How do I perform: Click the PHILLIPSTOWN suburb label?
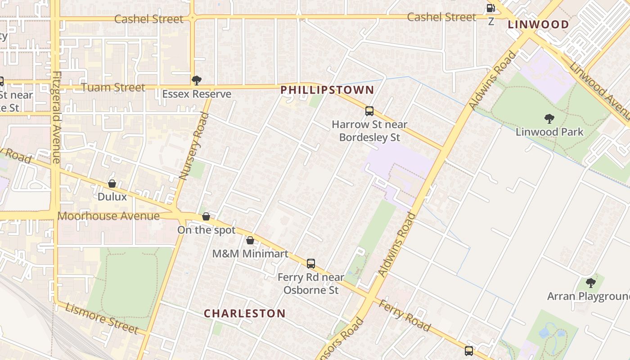coord(327,90)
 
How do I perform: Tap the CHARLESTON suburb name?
coord(245,314)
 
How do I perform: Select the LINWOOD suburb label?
coord(538,25)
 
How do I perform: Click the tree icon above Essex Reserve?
coord(196,81)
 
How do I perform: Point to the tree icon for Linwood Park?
coord(549,119)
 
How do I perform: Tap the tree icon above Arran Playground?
coord(590,283)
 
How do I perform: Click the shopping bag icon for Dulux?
coord(112,184)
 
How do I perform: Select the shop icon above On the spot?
coord(206,216)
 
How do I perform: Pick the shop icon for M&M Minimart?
coord(250,240)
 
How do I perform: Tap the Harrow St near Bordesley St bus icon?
coord(369,111)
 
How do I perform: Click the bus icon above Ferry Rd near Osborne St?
coord(311,264)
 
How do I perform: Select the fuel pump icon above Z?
coord(490,8)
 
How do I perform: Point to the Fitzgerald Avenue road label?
coord(56,117)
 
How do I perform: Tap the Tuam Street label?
coord(113,87)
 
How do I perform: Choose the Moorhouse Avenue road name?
coord(108,216)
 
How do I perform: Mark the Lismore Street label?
coord(102,319)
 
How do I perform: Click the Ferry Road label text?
coord(404,315)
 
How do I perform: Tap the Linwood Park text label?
coord(549,132)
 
